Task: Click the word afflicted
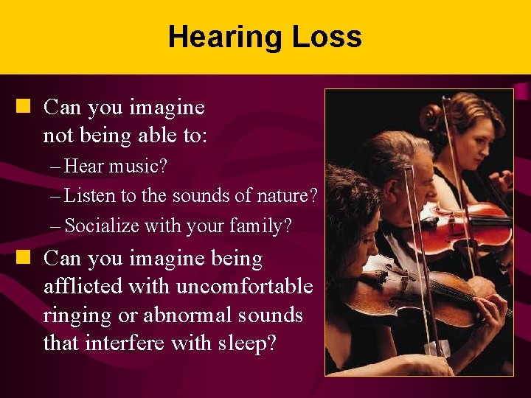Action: pyautogui.click(x=80, y=286)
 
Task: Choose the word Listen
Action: pyautogui.click(x=87, y=196)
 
